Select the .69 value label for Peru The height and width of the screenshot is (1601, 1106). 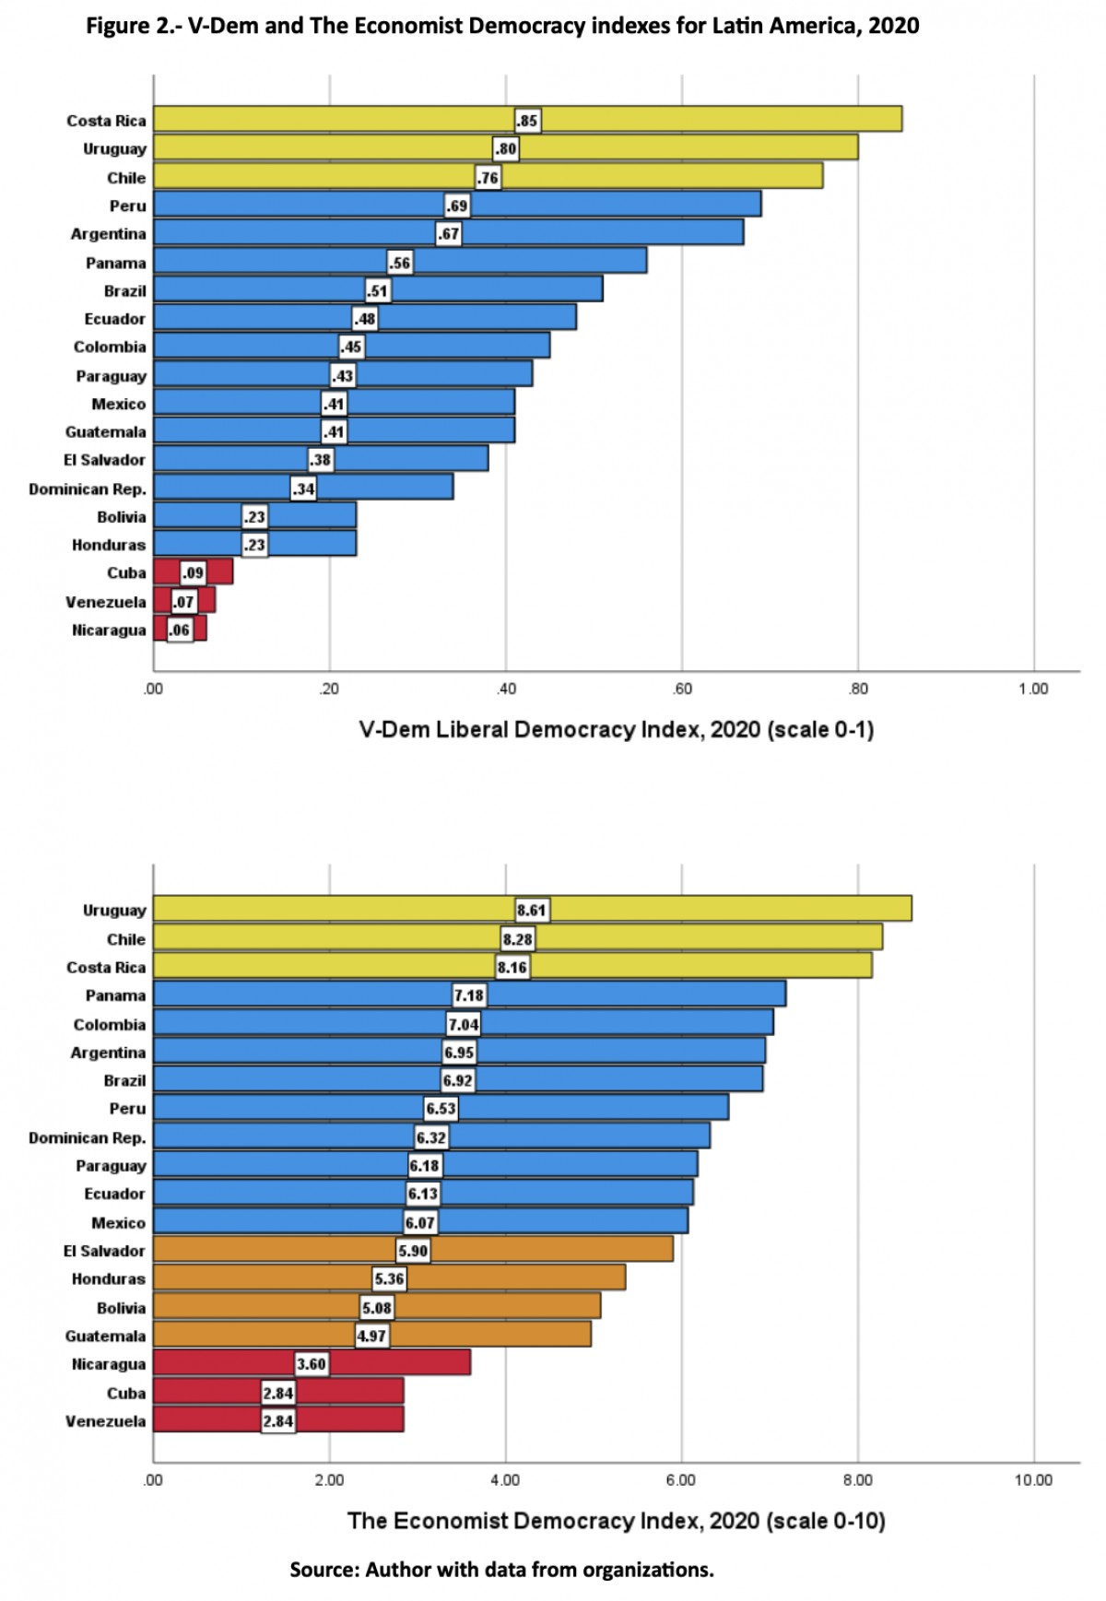[457, 206]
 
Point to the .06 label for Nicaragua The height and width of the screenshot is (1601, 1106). [180, 630]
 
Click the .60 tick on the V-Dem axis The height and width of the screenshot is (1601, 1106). [682, 689]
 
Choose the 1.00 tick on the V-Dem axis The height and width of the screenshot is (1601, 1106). [1033, 689]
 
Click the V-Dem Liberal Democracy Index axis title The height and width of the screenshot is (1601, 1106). [616, 730]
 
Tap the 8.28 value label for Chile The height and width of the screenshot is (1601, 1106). [518, 939]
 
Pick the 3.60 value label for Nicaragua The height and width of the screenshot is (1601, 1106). [312, 1364]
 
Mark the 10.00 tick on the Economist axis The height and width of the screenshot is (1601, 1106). [1033, 1480]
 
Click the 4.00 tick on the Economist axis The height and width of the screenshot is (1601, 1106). [505, 1480]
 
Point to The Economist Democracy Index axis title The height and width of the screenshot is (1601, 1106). [616, 1521]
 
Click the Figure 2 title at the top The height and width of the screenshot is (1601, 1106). [502, 26]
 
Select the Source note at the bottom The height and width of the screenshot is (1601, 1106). [501, 1570]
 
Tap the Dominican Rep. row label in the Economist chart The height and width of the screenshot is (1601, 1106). [88, 1137]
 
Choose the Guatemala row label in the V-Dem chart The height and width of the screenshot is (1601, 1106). [105, 431]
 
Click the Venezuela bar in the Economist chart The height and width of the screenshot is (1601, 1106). [350, 1420]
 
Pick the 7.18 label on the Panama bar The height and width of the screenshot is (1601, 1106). [469, 995]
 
